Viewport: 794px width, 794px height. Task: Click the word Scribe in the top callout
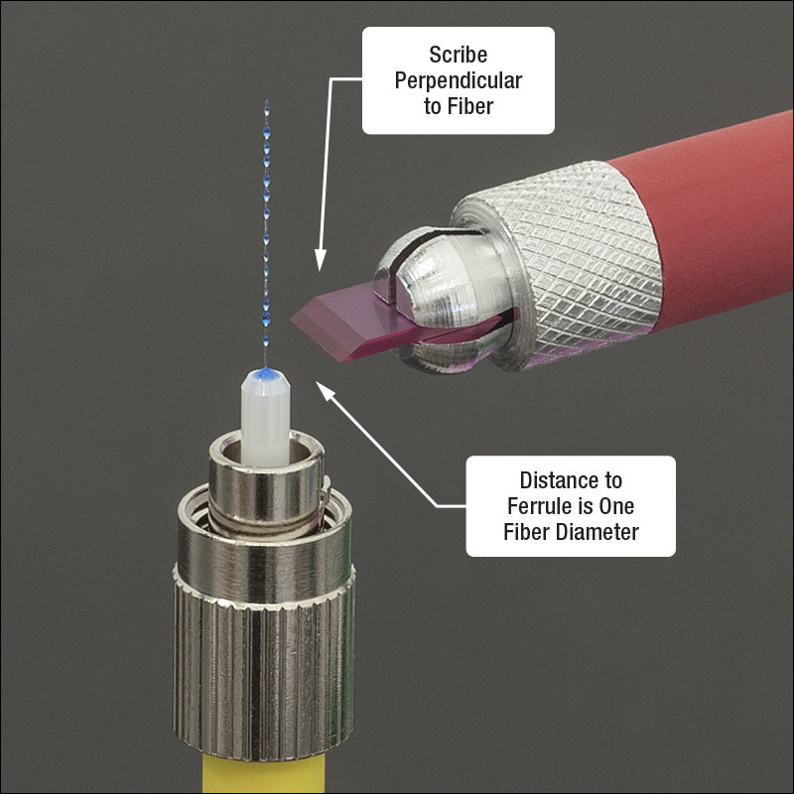point(459,55)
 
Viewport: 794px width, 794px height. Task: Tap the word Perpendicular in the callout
point(459,80)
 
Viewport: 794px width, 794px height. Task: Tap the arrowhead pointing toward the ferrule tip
point(326,390)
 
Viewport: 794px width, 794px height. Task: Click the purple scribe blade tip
point(294,319)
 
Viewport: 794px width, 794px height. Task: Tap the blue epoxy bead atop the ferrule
point(266,374)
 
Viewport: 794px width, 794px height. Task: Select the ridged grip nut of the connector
point(264,663)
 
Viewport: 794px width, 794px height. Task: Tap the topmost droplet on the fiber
point(267,106)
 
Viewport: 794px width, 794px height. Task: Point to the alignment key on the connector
point(326,490)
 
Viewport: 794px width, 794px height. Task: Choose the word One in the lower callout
point(616,506)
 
